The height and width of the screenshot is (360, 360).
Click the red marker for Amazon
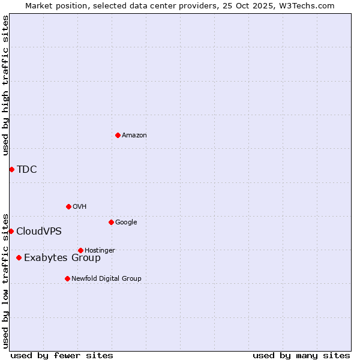(118, 135)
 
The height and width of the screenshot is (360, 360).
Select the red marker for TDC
(11, 169)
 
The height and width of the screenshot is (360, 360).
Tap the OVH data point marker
(68, 206)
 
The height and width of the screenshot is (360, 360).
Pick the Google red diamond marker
(111, 222)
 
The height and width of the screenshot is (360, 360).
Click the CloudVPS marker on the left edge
(11, 231)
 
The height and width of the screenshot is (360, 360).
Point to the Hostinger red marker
(80, 250)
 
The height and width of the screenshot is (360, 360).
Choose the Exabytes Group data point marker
(19, 257)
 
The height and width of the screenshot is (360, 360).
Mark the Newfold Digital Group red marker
(67, 278)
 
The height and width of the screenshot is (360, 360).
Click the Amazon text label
(134, 136)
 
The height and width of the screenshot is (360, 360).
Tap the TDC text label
(27, 169)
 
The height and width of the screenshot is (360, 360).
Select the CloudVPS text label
(39, 232)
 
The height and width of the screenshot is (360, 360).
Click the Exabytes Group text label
(62, 258)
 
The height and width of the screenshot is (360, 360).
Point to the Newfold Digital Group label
(107, 278)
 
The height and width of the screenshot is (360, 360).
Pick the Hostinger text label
(100, 250)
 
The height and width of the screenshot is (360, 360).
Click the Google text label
(126, 223)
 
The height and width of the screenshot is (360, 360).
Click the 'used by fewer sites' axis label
(62, 355)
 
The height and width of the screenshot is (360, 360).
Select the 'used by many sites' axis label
(301, 355)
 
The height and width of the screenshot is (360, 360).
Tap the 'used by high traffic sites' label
(6, 85)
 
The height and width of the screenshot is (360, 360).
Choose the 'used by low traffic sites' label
(6, 281)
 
